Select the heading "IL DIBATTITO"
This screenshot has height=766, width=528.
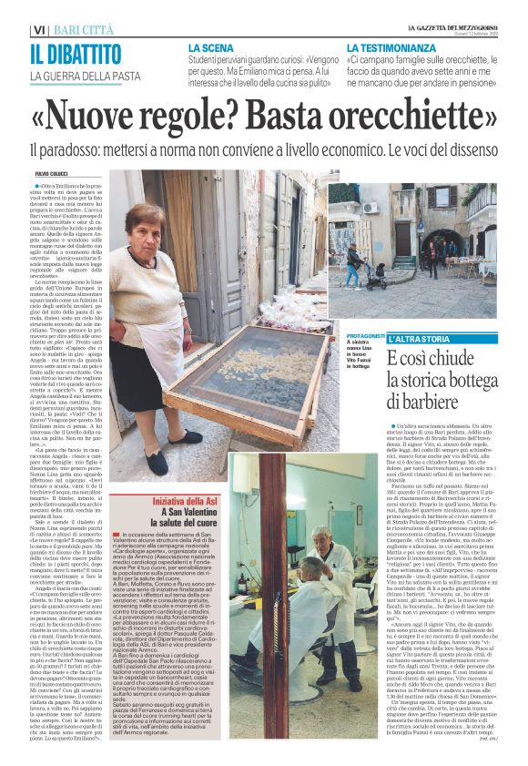click(x=73, y=54)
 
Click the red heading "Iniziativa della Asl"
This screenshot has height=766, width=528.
click(x=168, y=502)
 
